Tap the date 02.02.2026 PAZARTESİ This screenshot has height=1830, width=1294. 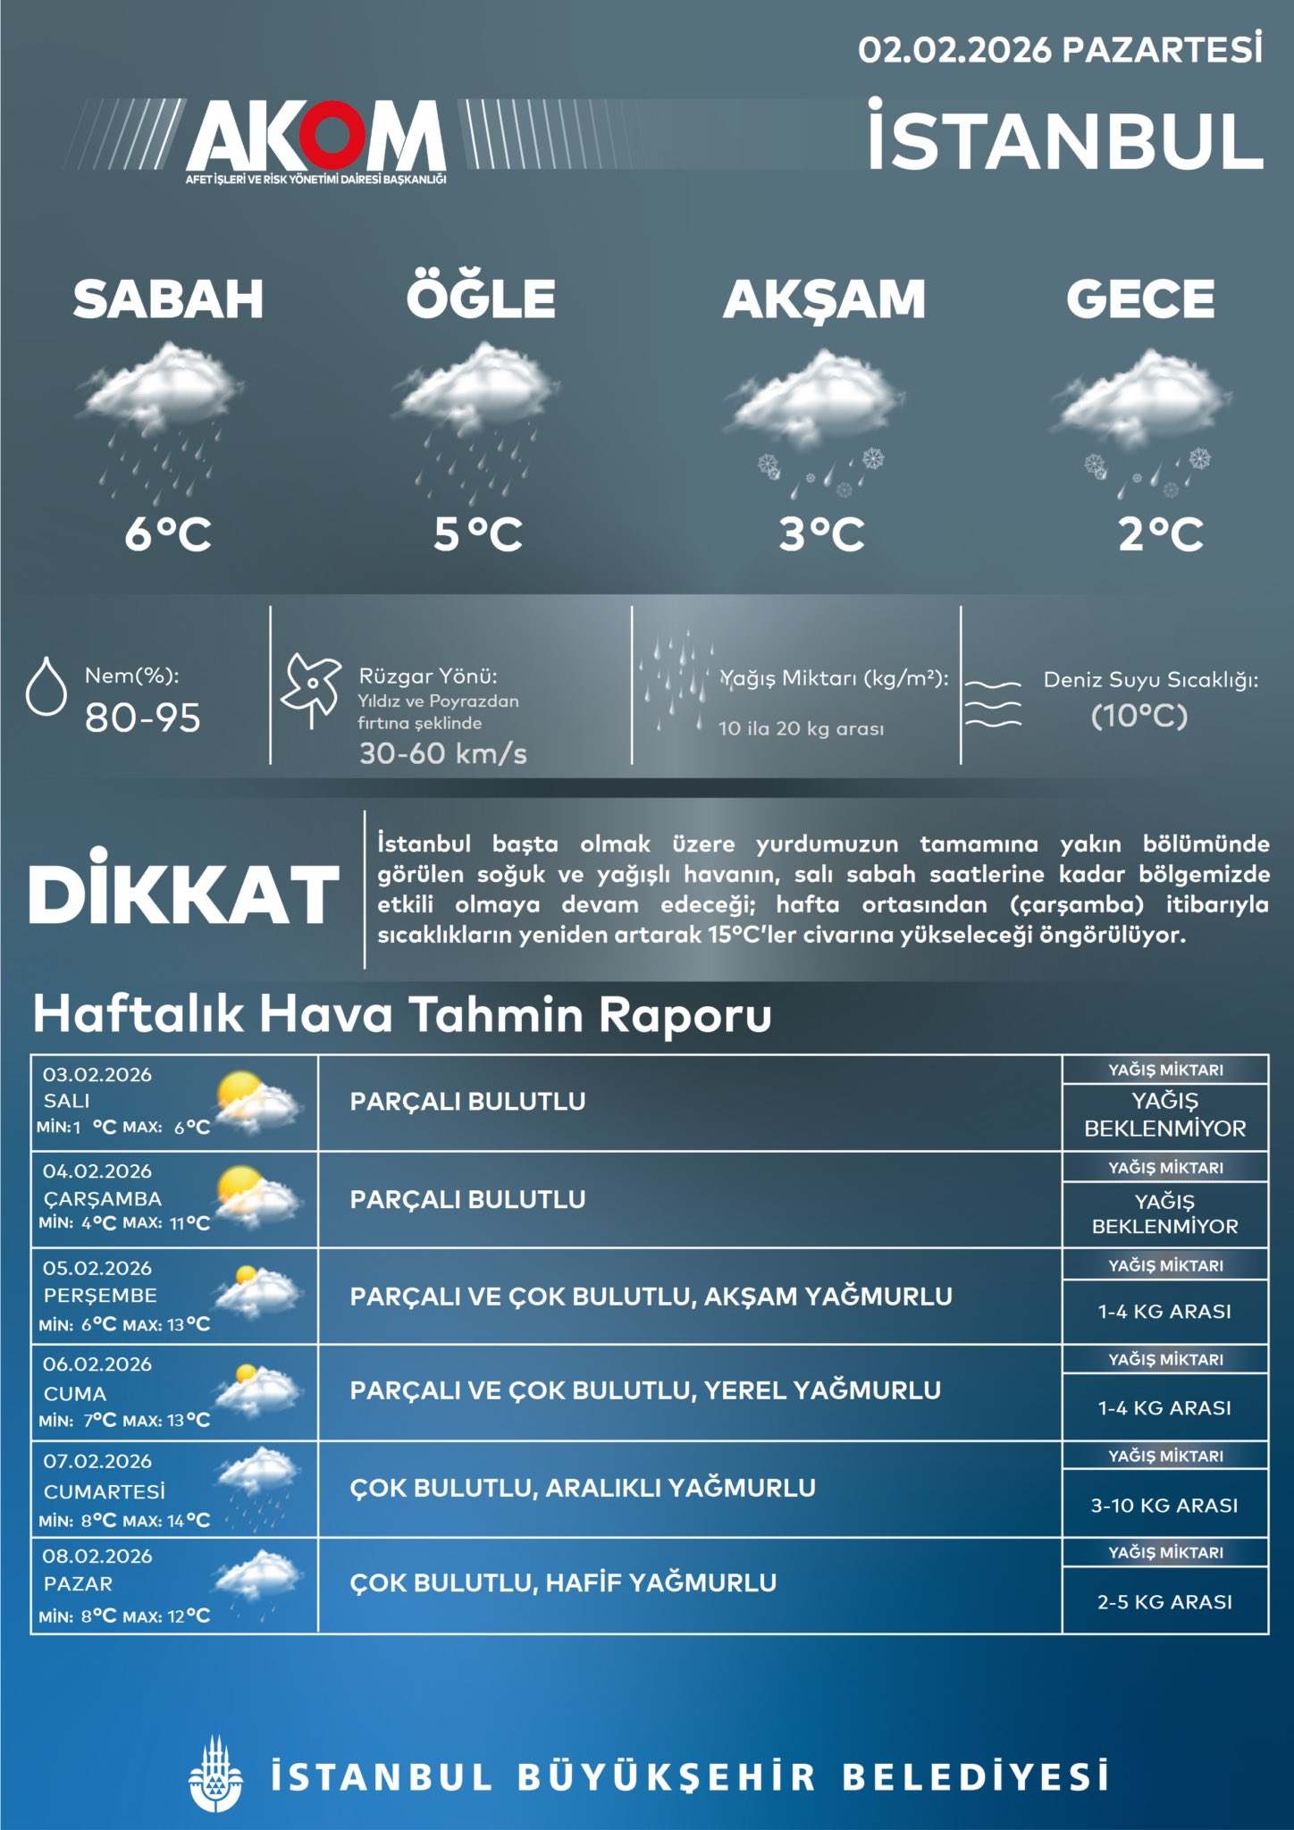(x=1060, y=50)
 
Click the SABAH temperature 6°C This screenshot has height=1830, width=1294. (x=168, y=534)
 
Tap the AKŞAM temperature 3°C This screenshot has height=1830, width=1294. (x=822, y=534)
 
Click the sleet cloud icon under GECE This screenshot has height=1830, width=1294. (x=1143, y=420)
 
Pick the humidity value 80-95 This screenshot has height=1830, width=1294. (x=143, y=718)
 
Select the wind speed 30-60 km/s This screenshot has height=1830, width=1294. (x=443, y=753)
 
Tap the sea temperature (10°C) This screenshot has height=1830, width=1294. (x=1139, y=716)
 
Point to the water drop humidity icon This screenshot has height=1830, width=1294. (x=46, y=687)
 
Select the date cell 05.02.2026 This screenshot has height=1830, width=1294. (x=97, y=1268)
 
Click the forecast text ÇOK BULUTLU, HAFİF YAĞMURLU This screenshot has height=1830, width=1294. (x=563, y=1583)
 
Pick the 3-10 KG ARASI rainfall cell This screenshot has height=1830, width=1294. (x=1164, y=1506)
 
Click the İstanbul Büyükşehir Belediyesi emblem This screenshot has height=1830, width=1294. (x=215, y=1775)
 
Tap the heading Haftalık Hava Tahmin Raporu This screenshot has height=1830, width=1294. (x=402, y=1014)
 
